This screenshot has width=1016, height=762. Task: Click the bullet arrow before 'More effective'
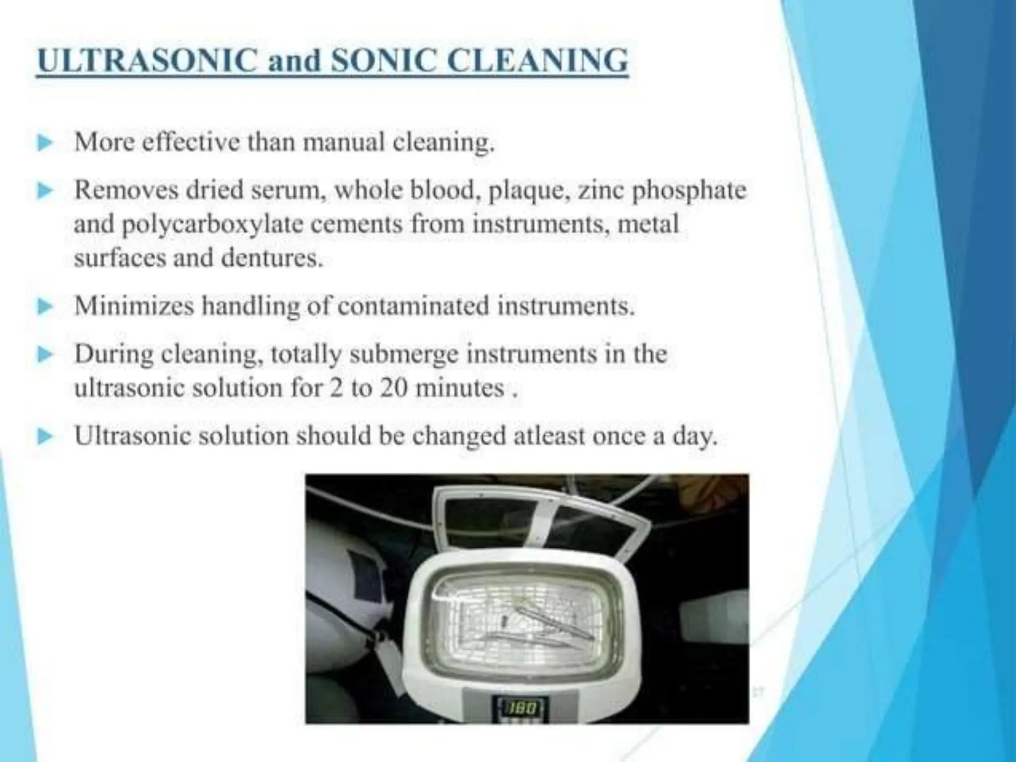tap(45, 143)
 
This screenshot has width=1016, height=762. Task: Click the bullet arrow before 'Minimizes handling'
tap(45, 306)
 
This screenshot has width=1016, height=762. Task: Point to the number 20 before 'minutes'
tap(394, 388)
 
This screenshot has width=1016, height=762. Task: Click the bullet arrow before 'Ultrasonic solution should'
tap(45, 437)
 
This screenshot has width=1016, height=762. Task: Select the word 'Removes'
tap(126, 191)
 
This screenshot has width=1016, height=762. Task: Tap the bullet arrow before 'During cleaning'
tap(45, 355)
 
